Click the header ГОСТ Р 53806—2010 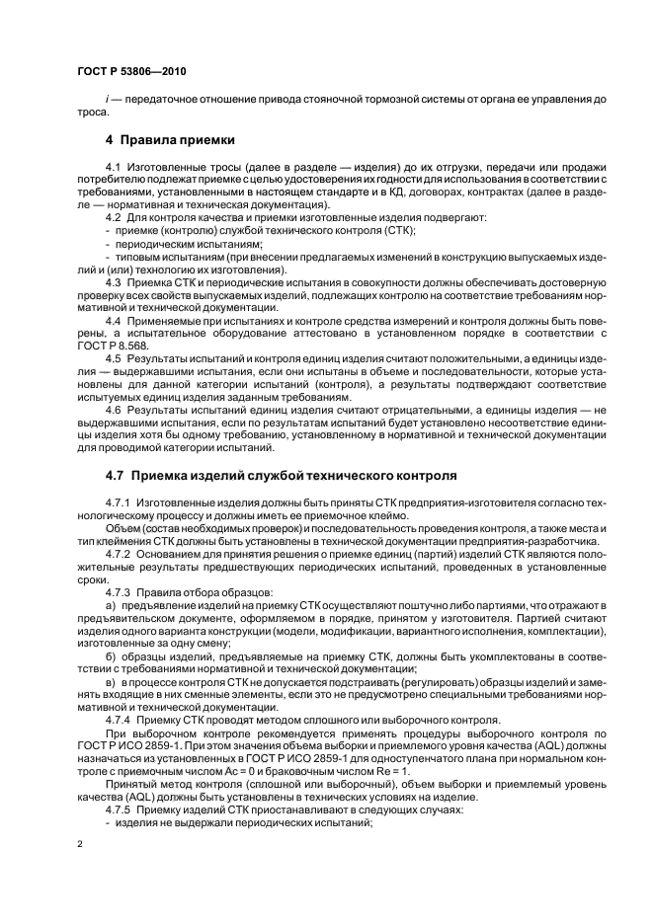coord(130,72)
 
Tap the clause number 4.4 coord(112,320)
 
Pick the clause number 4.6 coord(112,408)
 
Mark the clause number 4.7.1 coord(118,502)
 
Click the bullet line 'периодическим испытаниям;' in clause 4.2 coord(177,243)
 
